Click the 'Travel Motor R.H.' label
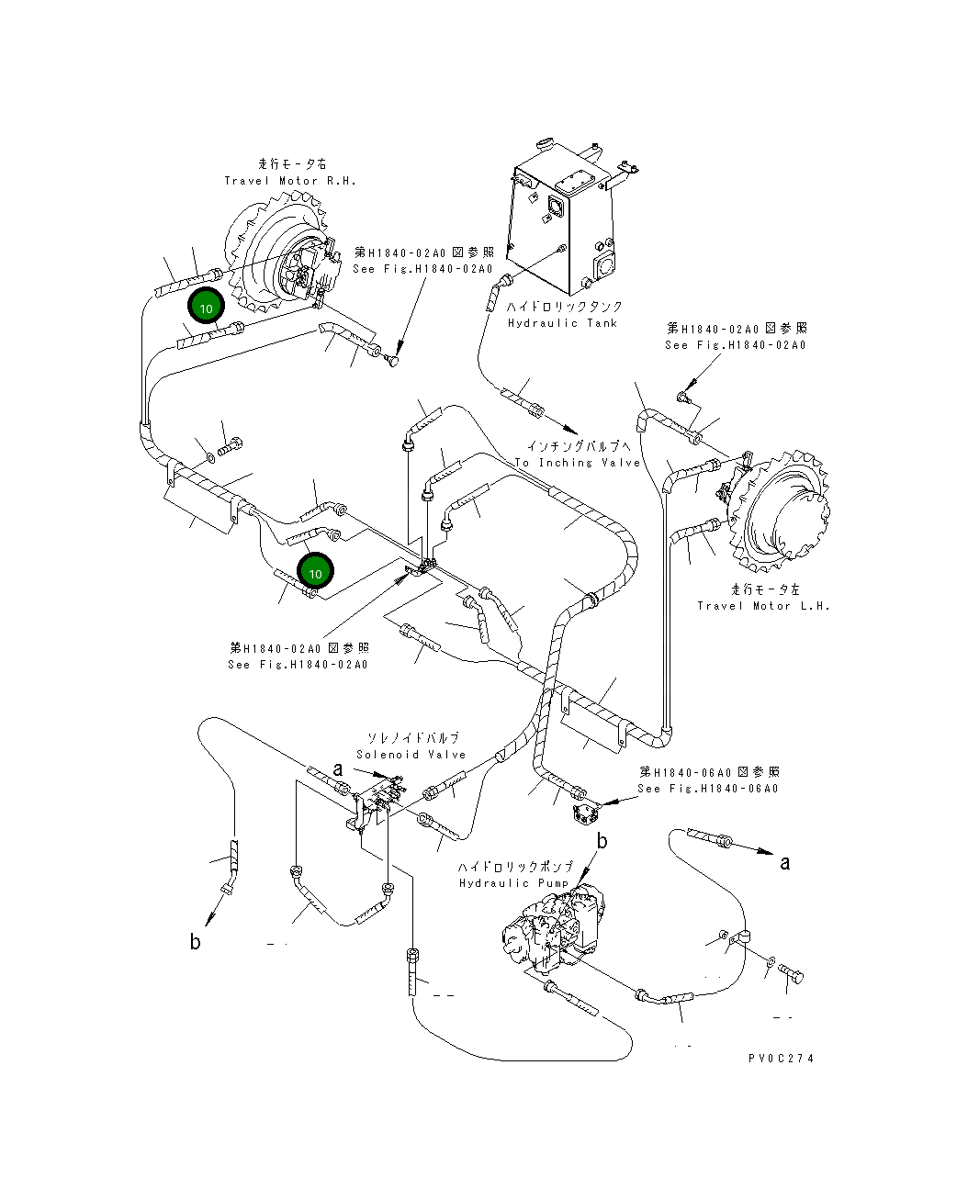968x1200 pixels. coord(290,181)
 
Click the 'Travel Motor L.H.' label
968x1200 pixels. coord(763,606)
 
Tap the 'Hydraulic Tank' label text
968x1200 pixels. coord(562,323)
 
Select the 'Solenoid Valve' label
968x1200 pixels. coord(411,755)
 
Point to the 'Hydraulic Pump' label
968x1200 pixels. coord(514,883)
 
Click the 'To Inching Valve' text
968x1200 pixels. coord(577,463)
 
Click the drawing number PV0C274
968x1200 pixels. coord(781,1058)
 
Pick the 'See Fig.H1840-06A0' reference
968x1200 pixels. coord(708,789)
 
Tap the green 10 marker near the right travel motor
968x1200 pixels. coord(207,308)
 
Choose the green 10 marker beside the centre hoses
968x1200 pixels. coord(315,573)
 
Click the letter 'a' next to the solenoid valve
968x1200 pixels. coord(339,769)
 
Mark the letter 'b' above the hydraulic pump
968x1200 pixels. coord(602,841)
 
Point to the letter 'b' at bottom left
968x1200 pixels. coord(195,942)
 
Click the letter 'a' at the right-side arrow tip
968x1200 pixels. coord(785,862)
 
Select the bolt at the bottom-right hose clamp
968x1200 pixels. coord(793,973)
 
